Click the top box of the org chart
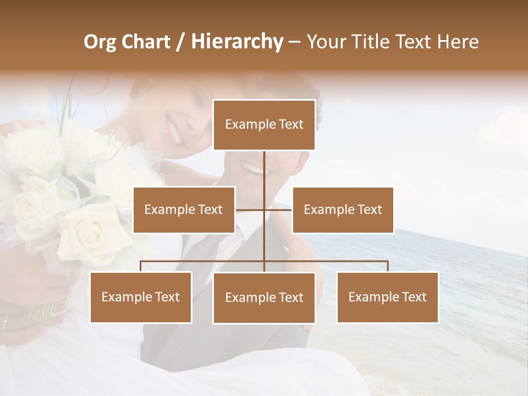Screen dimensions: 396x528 click(x=264, y=125)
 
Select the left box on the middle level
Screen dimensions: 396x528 click(x=184, y=210)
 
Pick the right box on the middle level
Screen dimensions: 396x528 click(x=343, y=210)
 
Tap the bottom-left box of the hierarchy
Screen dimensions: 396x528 click(x=141, y=297)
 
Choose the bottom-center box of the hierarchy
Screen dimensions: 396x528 click(x=264, y=298)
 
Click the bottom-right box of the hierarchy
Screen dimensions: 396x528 click(x=387, y=297)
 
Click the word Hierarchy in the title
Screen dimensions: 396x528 click(x=237, y=42)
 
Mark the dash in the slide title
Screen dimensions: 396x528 click(x=294, y=42)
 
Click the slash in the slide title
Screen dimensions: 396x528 click(x=181, y=42)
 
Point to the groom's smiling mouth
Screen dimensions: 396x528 click(x=254, y=168)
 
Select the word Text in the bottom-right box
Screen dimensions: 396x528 click(x=414, y=297)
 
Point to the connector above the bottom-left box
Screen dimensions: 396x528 click(x=141, y=266)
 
